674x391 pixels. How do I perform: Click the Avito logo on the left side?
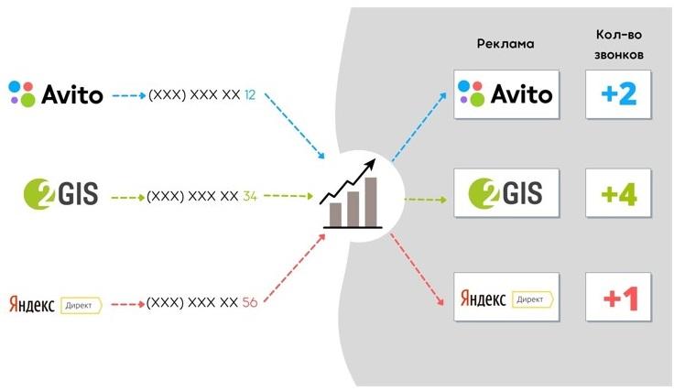(x=56, y=93)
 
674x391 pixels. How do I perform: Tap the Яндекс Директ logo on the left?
(x=54, y=301)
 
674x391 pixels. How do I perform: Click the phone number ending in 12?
(x=202, y=94)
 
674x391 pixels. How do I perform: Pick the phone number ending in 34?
(x=202, y=196)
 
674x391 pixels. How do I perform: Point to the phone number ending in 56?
(x=202, y=301)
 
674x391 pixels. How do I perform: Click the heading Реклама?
(x=505, y=44)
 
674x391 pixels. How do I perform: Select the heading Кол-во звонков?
(x=618, y=44)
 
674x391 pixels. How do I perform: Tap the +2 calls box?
(x=619, y=93)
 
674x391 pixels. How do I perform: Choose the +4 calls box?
(x=619, y=193)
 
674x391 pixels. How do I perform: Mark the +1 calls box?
(x=619, y=298)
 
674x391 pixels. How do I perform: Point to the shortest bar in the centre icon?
(x=335, y=214)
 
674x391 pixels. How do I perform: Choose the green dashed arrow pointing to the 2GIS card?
(x=424, y=198)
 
